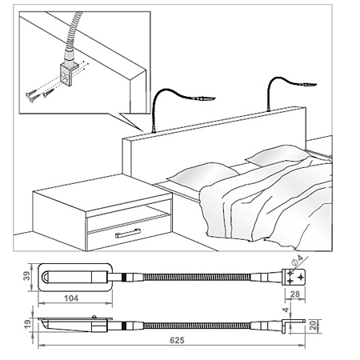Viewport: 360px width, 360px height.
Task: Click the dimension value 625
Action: (177, 340)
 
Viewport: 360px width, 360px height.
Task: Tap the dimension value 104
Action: (71, 298)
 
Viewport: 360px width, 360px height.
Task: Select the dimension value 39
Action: (26, 276)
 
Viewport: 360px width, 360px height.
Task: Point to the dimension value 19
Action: (27, 324)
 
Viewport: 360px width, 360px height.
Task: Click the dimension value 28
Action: (294, 294)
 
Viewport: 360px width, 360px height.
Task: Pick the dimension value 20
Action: (314, 326)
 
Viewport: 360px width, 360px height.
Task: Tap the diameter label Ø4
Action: (298, 260)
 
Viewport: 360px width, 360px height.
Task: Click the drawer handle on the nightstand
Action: (128, 234)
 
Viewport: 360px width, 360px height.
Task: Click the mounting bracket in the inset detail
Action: (69, 74)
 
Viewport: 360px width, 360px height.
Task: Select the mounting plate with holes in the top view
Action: (294, 278)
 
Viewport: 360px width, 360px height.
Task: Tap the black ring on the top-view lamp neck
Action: (123, 278)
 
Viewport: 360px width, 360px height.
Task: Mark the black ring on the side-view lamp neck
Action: (123, 326)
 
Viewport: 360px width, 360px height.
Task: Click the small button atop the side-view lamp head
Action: (94, 317)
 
